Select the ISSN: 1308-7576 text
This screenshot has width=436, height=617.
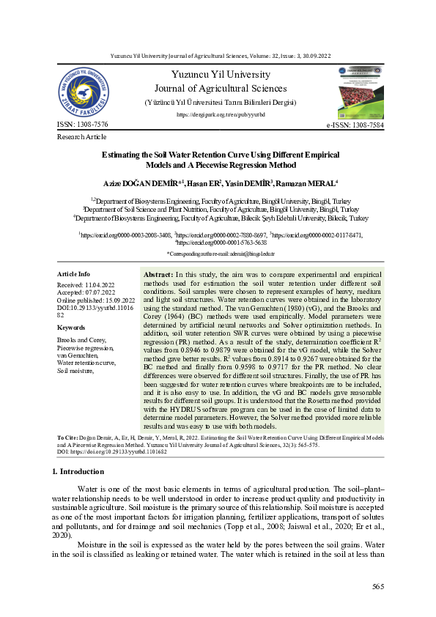(82, 125)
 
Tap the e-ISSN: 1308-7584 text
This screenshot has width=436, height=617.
(355, 126)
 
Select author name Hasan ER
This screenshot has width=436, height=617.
(204, 182)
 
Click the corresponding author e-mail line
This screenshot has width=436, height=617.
(220, 253)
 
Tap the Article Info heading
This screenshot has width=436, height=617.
(73, 273)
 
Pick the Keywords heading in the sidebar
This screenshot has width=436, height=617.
(71, 327)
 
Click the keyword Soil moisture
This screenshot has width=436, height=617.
(75, 372)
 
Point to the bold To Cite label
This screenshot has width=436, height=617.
(69, 436)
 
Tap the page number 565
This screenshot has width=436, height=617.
(378, 586)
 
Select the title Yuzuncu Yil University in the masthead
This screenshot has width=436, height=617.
(220, 75)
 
